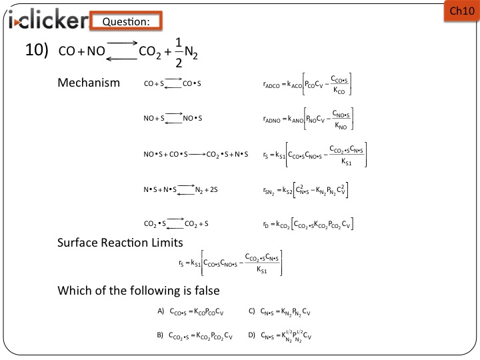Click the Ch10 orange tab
(461, 11)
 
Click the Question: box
(126, 21)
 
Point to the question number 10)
(37, 49)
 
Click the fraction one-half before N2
(179, 53)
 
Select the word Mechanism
(89, 83)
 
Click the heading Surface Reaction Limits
(120, 243)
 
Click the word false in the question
(207, 290)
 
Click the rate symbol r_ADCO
(271, 85)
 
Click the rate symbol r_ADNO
(271, 119)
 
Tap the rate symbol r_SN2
(269, 191)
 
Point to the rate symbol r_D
(266, 225)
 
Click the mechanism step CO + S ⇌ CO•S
(173, 83)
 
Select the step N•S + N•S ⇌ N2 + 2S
(181, 189)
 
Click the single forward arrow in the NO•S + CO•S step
(197, 154)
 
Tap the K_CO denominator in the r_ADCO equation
(339, 90)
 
